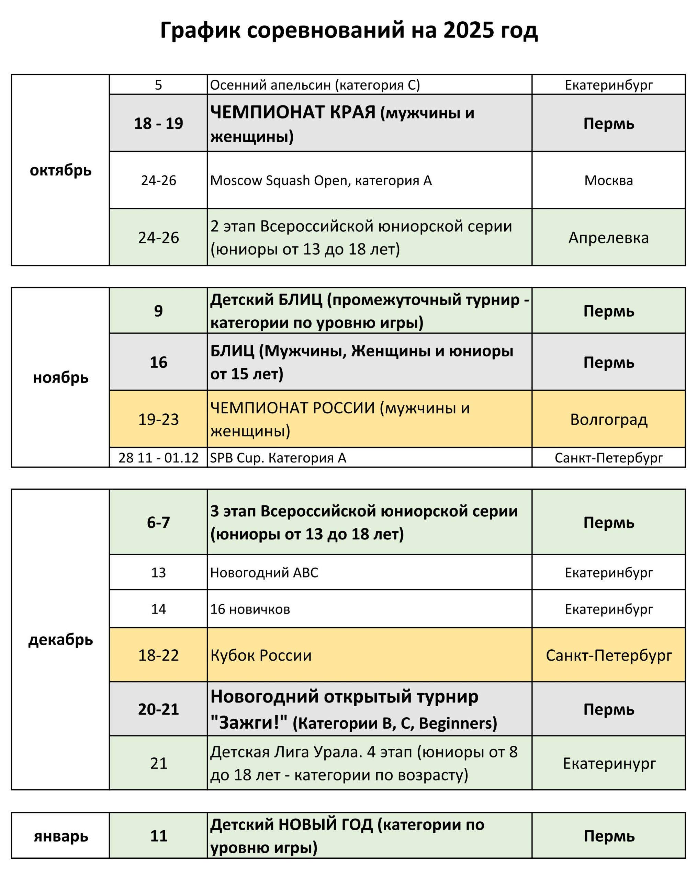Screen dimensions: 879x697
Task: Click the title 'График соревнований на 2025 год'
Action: (348, 31)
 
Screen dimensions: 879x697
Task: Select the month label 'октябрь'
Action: (60, 170)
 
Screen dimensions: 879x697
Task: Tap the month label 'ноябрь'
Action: (60, 378)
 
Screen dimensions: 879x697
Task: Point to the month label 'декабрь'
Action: (60, 640)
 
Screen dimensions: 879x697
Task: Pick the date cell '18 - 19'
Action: (158, 123)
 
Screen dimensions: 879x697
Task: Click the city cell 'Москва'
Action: (608, 180)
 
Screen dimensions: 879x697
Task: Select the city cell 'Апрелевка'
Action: (608, 238)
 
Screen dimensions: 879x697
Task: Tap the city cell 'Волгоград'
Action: (608, 419)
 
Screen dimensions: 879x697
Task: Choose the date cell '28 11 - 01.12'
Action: (158, 458)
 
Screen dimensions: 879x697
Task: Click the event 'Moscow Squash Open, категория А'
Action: (321, 180)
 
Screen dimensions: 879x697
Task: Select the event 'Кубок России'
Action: (261, 655)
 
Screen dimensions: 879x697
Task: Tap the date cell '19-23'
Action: (158, 419)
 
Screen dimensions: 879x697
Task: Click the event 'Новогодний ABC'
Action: (264, 572)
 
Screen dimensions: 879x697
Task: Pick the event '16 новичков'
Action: (250, 609)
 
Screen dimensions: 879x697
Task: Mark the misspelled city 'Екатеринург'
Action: (609, 763)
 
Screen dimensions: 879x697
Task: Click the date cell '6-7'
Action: (158, 522)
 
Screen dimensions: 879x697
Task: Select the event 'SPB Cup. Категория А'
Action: (278, 458)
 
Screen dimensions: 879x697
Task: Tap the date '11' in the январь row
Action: (158, 836)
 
